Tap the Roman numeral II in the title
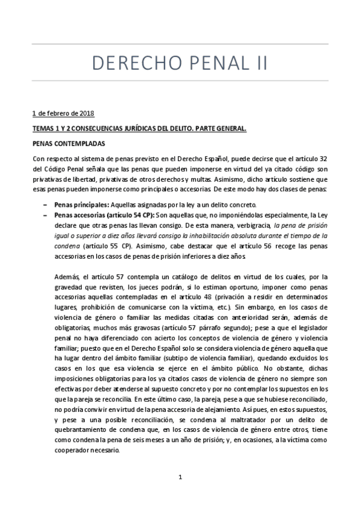pyautogui.click(x=258, y=63)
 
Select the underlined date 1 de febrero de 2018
pyautogui.click(x=63, y=113)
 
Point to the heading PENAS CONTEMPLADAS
pyautogui.click(x=69, y=144)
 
